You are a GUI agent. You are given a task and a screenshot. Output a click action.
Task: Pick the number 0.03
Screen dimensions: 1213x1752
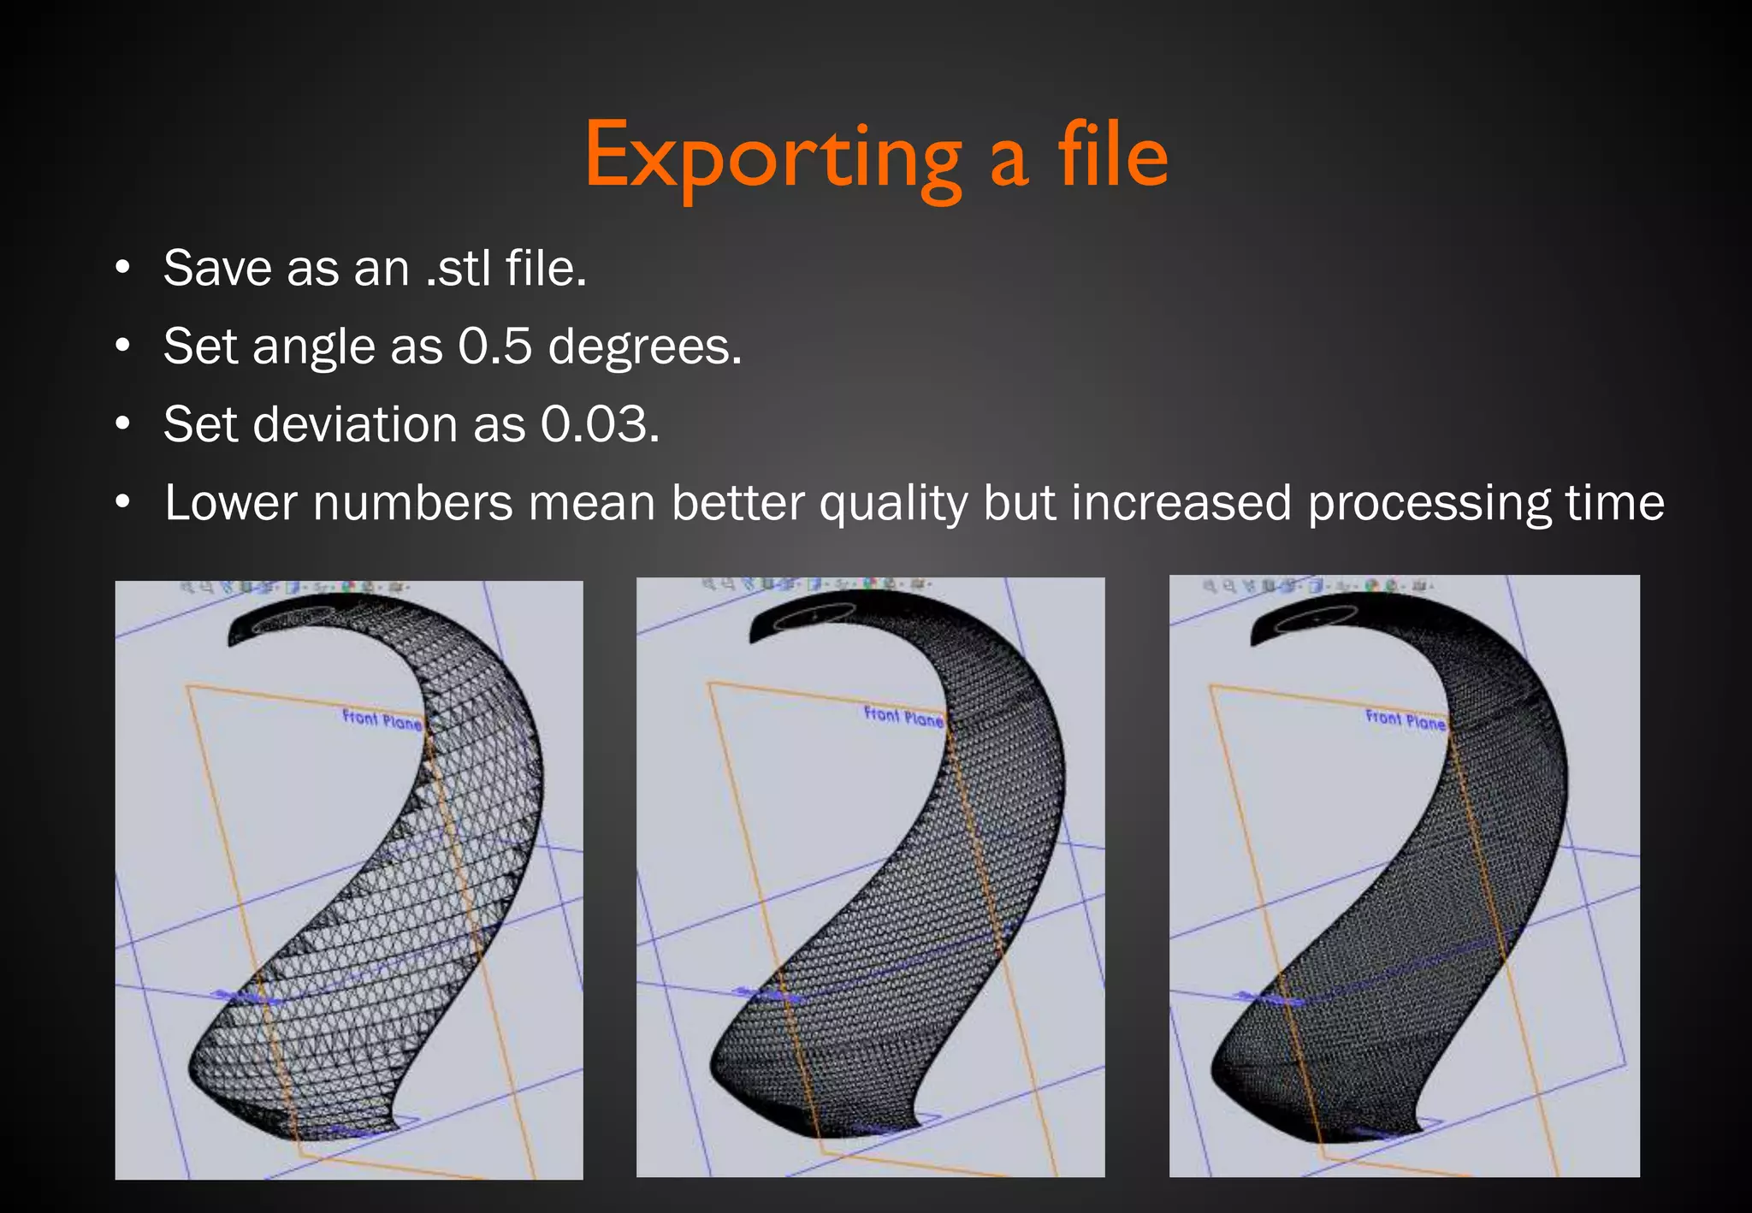pyautogui.click(x=599, y=424)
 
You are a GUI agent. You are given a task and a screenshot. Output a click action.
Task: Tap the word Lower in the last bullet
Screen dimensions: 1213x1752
pyautogui.click(x=230, y=503)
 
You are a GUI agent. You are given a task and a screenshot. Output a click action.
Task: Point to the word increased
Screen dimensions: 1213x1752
pyautogui.click(x=1181, y=503)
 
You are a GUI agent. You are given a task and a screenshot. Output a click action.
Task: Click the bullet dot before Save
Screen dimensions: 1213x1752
pyautogui.click(x=123, y=268)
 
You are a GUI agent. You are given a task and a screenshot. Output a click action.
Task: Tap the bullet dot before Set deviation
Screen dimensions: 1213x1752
pyautogui.click(x=123, y=423)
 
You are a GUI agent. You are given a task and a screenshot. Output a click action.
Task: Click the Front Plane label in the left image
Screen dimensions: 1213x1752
pyautogui.click(x=382, y=719)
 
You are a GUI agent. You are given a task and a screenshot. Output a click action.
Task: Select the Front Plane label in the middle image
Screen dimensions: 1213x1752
pyautogui.click(x=903, y=717)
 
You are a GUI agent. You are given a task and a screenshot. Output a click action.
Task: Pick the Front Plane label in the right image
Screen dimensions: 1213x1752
pyautogui.click(x=1405, y=719)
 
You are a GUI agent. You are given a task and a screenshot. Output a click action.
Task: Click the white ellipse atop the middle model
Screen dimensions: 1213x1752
pyautogui.click(x=814, y=616)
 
